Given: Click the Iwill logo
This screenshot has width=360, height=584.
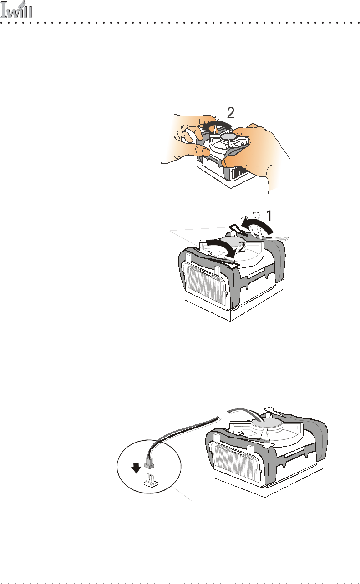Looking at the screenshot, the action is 16,10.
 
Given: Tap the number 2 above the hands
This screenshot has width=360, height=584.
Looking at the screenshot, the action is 231,113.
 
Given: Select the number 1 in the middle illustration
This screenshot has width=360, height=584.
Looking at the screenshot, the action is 269,216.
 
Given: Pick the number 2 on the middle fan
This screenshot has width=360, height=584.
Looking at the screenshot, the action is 241,247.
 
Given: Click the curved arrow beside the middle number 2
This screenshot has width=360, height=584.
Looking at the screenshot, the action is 222,248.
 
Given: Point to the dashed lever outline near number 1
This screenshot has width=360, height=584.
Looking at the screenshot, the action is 257,225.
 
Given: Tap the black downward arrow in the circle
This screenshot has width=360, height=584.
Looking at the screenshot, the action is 136,468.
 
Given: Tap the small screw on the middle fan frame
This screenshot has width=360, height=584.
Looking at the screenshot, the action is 209,252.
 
